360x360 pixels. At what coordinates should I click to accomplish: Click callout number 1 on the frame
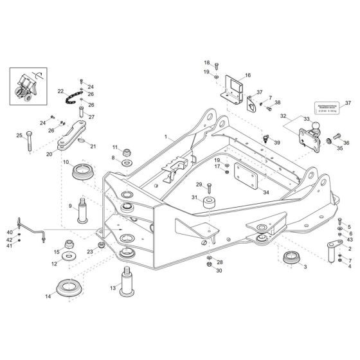point(166,138)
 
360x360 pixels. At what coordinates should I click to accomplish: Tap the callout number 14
point(48,296)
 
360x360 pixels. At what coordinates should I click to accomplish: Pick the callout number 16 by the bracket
point(248,75)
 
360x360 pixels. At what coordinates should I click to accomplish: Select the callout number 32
point(282,116)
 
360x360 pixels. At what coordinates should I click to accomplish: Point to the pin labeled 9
point(82,210)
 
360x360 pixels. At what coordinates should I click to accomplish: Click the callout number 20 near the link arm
point(50,154)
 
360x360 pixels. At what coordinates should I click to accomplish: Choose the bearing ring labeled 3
point(293,260)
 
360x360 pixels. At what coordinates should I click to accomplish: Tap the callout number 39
point(277,142)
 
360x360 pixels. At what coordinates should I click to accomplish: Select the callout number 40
point(10,231)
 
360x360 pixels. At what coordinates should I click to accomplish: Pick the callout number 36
point(346,143)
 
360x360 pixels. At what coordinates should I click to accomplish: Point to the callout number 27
point(91,117)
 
